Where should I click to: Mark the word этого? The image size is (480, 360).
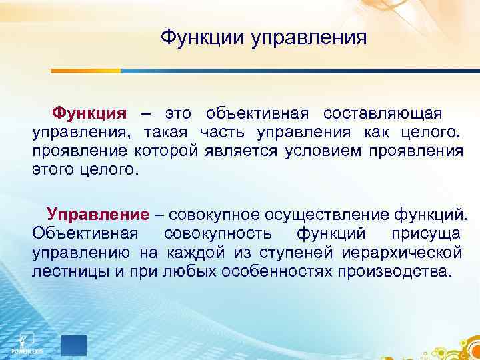53,169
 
